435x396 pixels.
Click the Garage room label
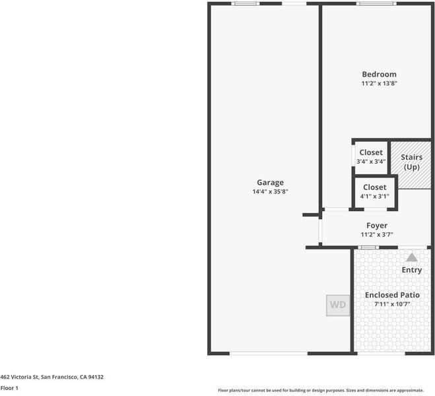pos(270,182)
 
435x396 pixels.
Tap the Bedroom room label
pos(379,75)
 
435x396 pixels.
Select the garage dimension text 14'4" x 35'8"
pos(270,191)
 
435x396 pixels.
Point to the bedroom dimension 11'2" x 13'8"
pos(379,83)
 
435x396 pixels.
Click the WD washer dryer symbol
pos(338,306)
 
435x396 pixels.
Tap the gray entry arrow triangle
pos(412,257)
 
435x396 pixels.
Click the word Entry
pos(412,270)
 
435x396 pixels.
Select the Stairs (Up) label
pos(412,162)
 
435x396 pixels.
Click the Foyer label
pos(377,226)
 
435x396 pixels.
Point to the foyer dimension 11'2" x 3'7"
pos(377,234)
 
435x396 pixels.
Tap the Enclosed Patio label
pos(392,295)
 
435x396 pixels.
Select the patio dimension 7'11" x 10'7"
pos(392,304)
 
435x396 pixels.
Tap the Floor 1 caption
pos(9,388)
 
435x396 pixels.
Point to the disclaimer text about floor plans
pos(321,390)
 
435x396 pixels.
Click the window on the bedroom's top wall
pos(376,3)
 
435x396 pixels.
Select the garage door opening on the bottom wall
pos(269,353)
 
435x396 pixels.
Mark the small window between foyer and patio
pos(368,247)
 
